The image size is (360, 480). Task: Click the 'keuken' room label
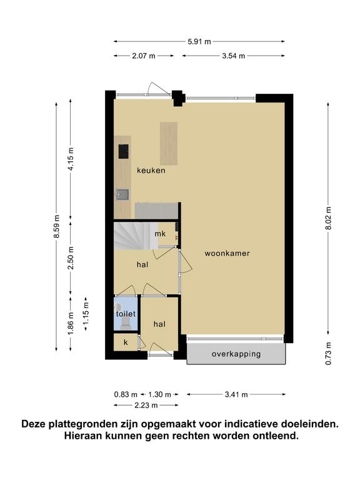(151, 170)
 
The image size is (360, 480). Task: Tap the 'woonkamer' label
(227, 253)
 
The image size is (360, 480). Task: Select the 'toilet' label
(126, 314)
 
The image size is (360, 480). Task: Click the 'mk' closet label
(160, 234)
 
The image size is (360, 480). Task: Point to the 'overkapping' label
(236, 354)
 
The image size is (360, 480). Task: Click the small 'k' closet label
(126, 342)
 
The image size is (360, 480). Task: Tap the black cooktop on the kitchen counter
(123, 151)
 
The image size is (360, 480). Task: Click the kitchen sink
(122, 194)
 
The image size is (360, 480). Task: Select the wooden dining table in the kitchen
(169, 143)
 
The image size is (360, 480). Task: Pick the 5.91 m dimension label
(199, 42)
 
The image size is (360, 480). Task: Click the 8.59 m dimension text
(57, 226)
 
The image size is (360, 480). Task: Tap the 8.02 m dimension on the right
(329, 218)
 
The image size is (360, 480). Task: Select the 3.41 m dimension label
(236, 394)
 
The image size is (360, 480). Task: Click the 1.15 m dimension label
(86, 313)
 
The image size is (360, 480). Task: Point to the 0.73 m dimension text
(329, 353)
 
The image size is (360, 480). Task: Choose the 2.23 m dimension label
(146, 405)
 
